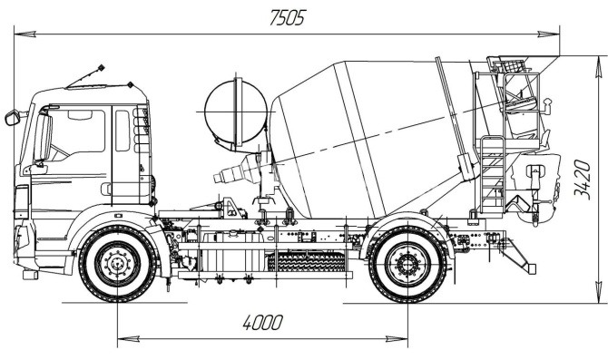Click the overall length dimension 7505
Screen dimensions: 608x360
288,18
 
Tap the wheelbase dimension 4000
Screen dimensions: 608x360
262,323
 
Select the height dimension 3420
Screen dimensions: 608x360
582,180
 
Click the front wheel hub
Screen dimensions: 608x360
117,264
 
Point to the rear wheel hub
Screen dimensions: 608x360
407,265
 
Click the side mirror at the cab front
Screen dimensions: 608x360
12,118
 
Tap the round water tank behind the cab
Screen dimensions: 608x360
236,112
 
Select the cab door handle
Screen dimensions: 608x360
105,189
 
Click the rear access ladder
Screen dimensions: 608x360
492,174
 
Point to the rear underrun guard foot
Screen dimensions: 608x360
530,268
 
